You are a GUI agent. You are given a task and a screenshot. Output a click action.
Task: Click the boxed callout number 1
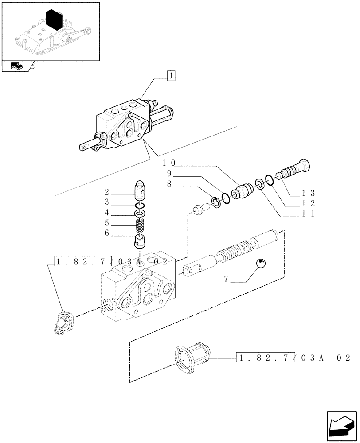pos(171,76)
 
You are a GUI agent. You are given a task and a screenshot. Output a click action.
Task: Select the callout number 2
pos(107,192)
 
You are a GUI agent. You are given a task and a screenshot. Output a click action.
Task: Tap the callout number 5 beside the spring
pos(107,223)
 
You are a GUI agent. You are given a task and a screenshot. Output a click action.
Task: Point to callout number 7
pos(226,280)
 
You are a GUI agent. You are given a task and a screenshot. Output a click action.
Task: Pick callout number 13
pos(309,193)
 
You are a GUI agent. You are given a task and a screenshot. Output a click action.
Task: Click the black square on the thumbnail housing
pos(54,20)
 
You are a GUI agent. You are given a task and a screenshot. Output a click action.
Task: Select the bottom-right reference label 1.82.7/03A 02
pos(294,358)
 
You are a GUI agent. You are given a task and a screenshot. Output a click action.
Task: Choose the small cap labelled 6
pos(140,242)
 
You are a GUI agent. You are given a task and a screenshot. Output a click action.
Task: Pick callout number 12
pos(309,203)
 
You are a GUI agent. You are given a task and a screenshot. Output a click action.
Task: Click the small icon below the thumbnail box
pos(17,66)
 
